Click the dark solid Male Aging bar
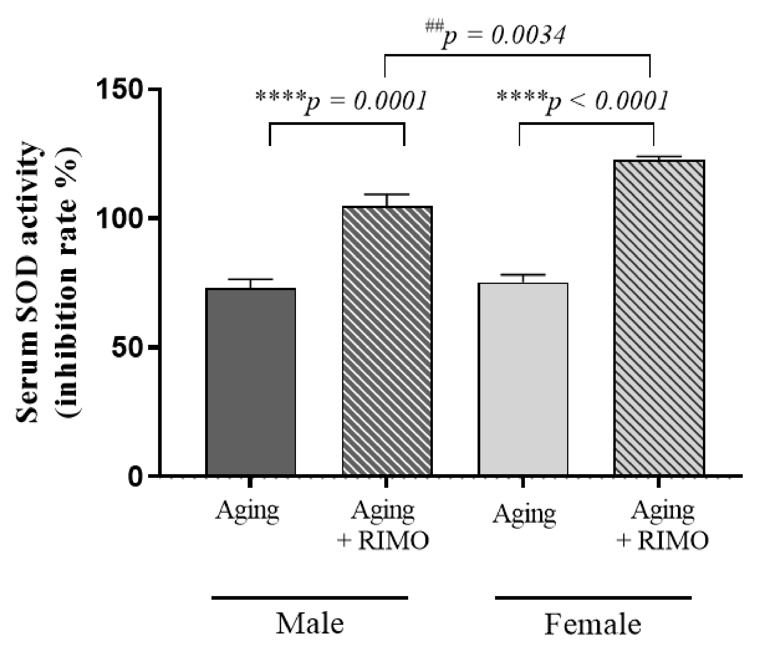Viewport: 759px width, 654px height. [x=251, y=382]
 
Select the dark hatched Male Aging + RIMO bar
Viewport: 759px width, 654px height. [x=387, y=341]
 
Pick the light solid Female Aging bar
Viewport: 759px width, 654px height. [x=523, y=379]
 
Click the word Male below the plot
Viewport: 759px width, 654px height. [x=310, y=624]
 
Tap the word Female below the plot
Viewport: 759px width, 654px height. [x=593, y=624]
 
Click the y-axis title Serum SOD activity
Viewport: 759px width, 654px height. [x=27, y=282]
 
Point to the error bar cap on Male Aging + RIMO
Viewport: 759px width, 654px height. [x=386, y=194]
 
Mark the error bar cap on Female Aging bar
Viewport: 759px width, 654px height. [x=523, y=275]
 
